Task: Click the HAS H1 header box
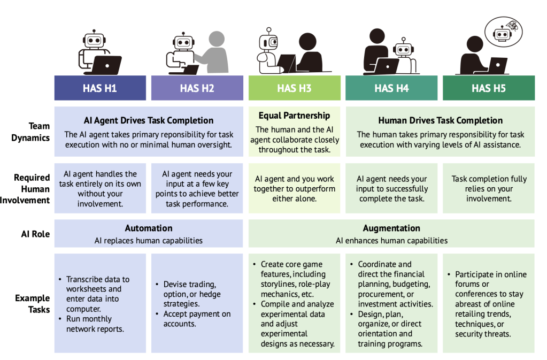pos(100,88)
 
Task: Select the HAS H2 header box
pos(197,88)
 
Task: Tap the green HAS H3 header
pos(294,88)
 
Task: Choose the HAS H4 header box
pos(391,88)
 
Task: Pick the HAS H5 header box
pos(488,88)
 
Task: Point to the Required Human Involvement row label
pos(32,189)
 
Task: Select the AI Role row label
pos(35,234)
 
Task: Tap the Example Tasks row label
pos(32,303)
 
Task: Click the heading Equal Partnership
pos(294,116)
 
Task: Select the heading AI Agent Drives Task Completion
pos(149,120)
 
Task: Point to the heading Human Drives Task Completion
pos(440,120)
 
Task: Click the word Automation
pos(149,228)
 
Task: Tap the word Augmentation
pos(391,228)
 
